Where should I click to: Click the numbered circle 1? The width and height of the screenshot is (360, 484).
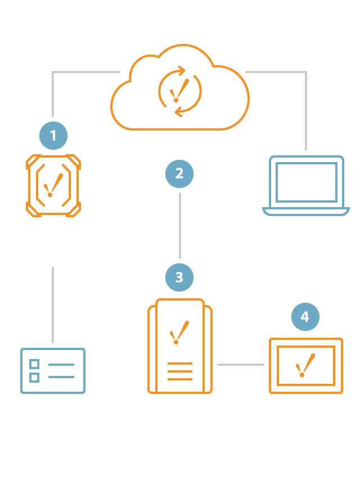point(53,135)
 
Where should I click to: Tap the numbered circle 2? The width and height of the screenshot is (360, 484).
point(179,173)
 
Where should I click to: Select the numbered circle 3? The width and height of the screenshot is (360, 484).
point(179,277)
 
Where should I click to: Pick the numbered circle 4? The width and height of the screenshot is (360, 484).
point(305,317)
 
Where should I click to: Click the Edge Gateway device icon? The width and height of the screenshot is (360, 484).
point(53,185)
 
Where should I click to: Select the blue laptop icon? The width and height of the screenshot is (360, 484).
point(306,185)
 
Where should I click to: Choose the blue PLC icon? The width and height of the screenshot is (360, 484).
point(53,370)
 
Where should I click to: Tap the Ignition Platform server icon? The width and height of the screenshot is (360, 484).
point(179,347)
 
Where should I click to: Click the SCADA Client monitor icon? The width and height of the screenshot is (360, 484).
point(305,365)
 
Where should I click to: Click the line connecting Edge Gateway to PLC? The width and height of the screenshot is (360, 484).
point(53,304)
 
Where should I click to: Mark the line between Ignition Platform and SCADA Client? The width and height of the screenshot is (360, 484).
point(240,365)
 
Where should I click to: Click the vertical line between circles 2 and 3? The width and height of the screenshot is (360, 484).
point(179,225)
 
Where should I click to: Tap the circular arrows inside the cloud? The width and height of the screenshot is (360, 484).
point(179,90)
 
